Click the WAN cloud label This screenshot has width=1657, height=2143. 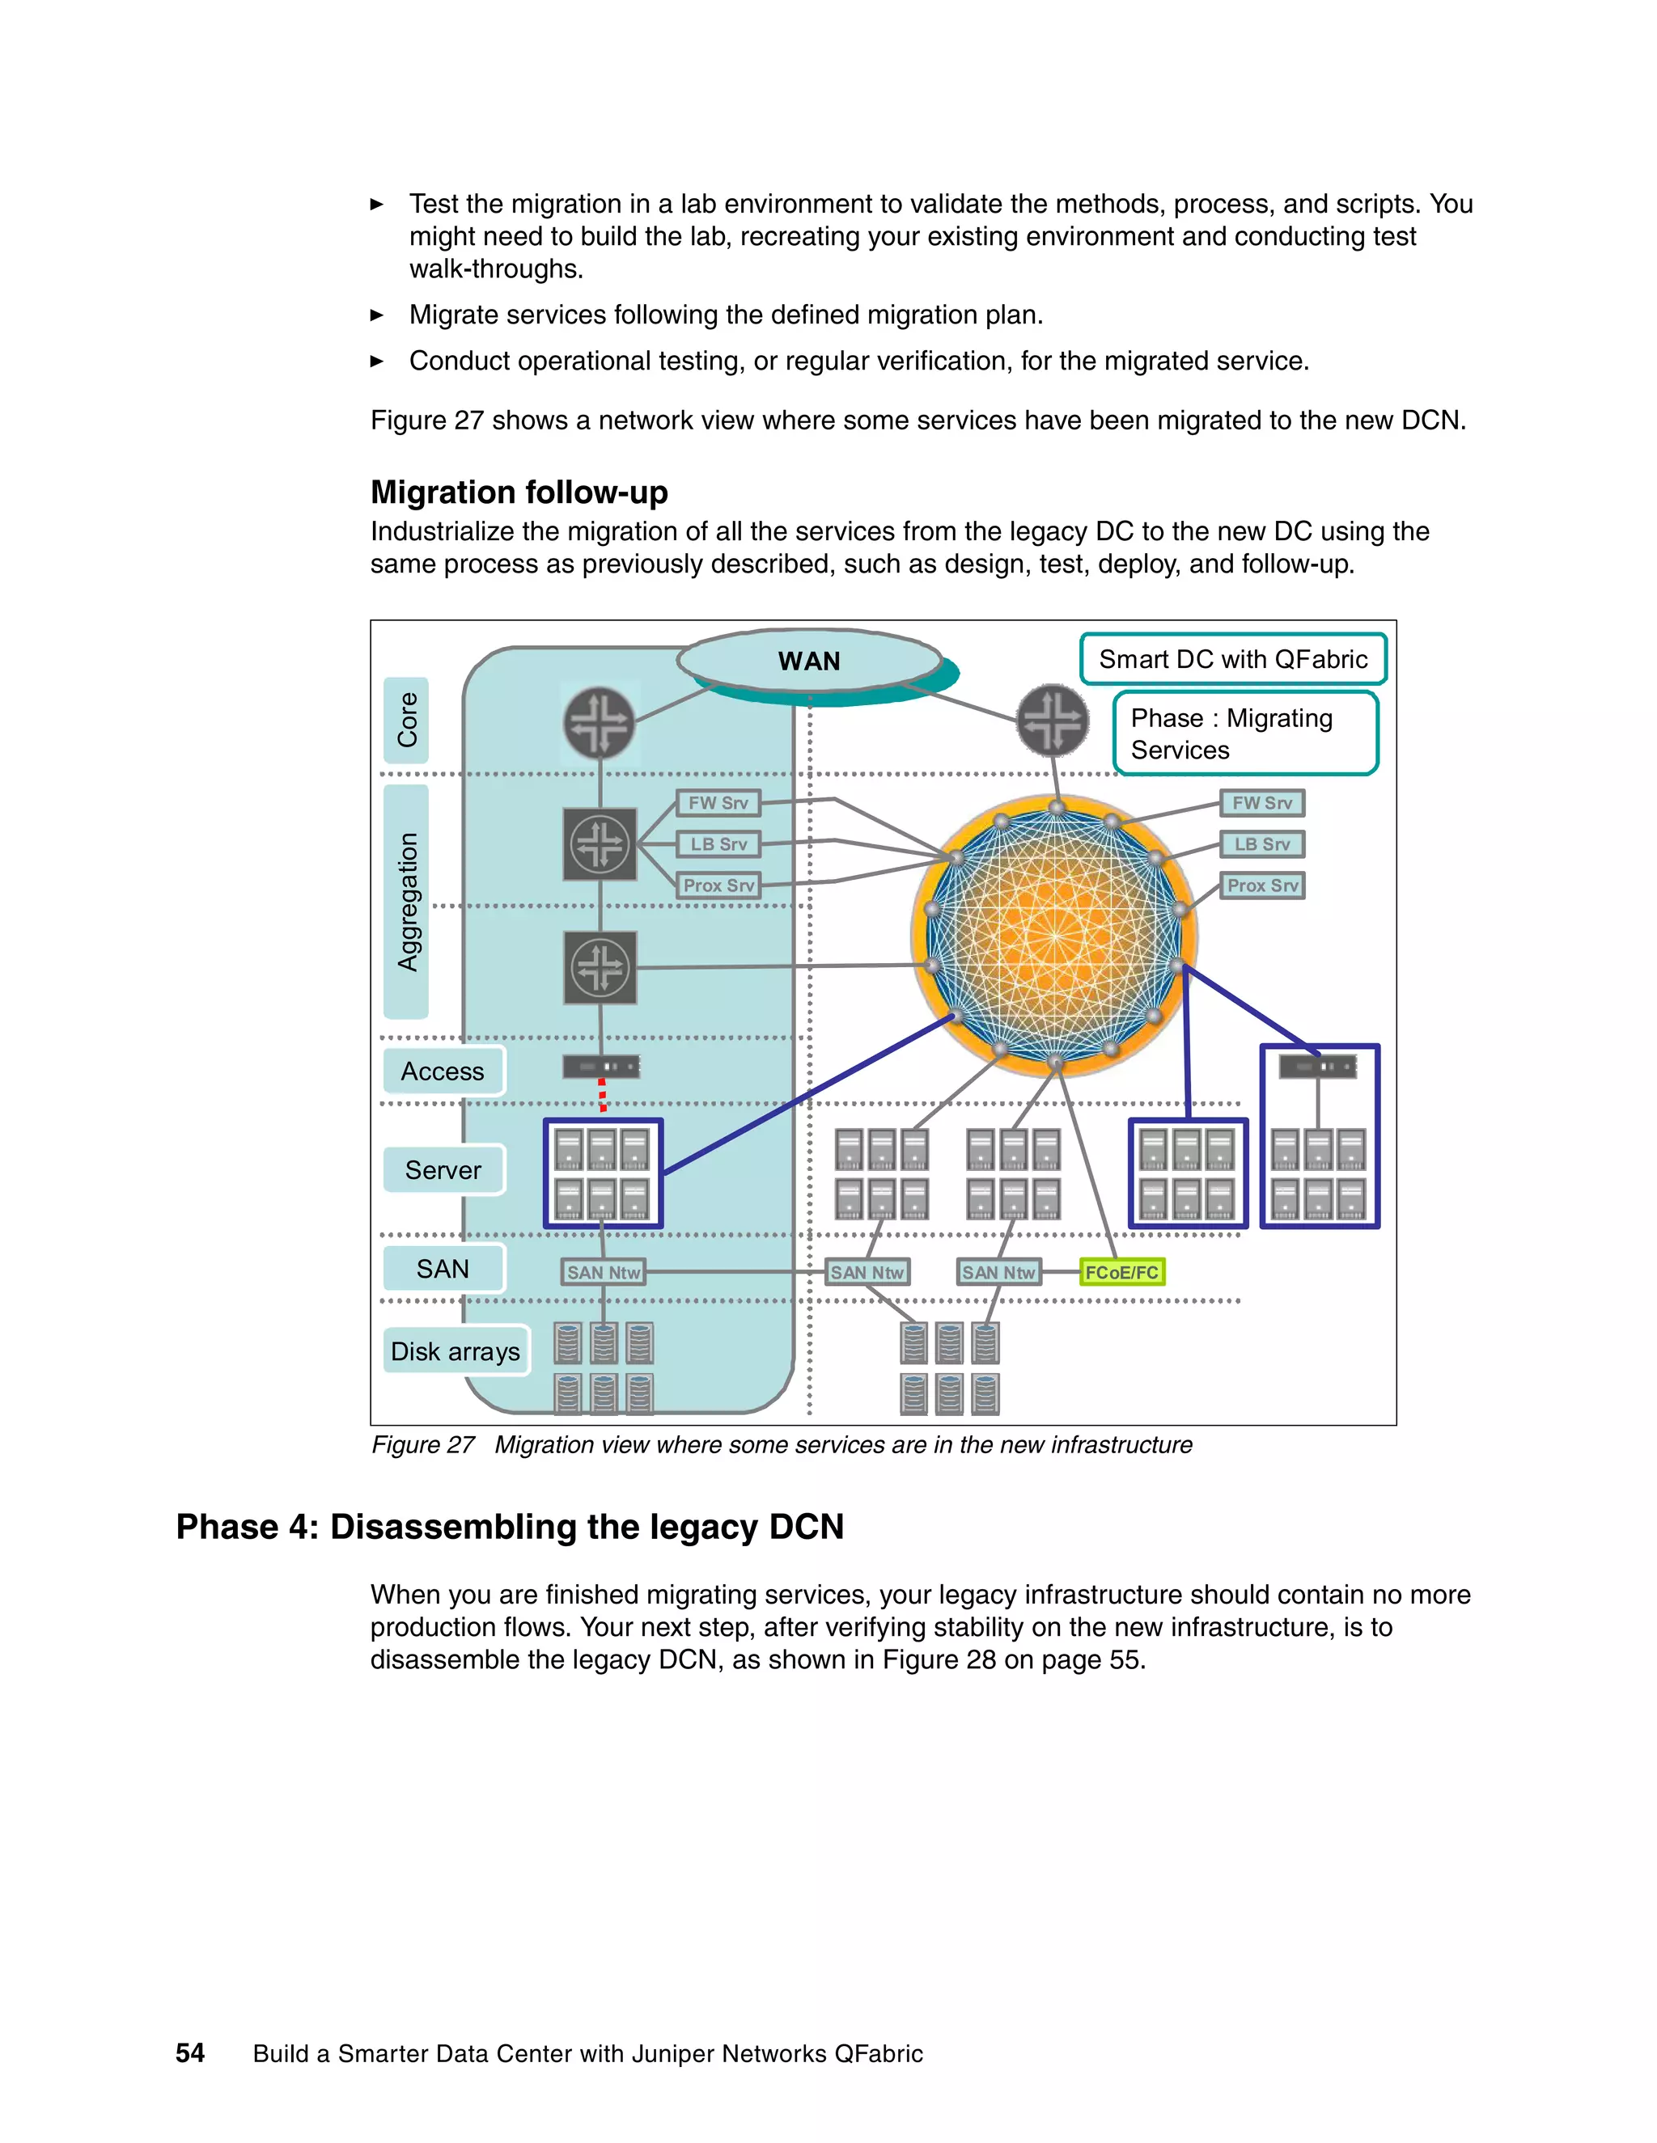pos(809,661)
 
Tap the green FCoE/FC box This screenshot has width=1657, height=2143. pos(1121,1273)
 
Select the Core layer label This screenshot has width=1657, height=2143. pos(406,719)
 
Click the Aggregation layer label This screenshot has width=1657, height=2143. pos(406,902)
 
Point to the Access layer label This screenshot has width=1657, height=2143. pos(443,1071)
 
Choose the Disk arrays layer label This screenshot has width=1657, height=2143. pos(456,1351)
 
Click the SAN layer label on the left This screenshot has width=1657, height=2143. pos(443,1269)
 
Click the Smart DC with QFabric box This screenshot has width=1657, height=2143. pos(1233,659)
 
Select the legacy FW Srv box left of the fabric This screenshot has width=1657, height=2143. pos(718,803)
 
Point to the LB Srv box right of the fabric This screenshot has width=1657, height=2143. pos(1262,843)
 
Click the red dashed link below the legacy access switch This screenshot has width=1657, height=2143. pos(602,1094)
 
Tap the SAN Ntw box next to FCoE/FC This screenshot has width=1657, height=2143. pos(998,1273)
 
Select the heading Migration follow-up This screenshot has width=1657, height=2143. pos(519,492)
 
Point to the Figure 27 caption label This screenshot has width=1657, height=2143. pos(423,1444)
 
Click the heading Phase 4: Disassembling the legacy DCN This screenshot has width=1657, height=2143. pos(510,1527)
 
